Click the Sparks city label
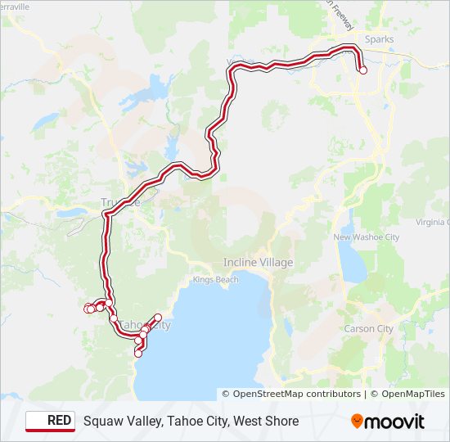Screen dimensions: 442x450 tap(379, 39)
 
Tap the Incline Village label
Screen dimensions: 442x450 tap(258, 263)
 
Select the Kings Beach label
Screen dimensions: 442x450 tap(216, 280)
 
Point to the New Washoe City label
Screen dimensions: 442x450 tap(366, 237)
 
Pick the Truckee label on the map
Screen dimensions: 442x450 tap(120, 202)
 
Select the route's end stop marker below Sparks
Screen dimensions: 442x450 tap(363, 70)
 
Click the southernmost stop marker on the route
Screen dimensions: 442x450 tap(138, 354)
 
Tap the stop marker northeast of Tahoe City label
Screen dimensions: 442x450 tap(158, 317)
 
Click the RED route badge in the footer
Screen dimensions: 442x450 tap(50, 421)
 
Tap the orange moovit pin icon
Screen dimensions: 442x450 tap(358, 421)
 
